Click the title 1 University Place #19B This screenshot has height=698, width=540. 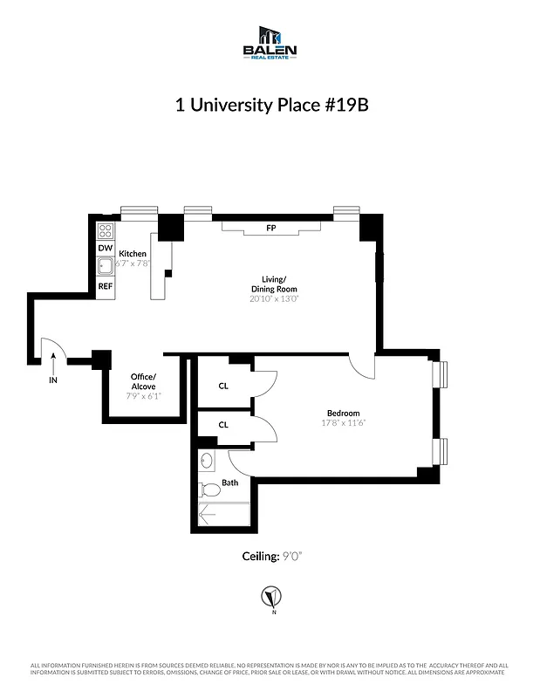(270, 106)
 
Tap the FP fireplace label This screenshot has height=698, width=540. (270, 229)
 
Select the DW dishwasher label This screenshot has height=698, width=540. (105, 249)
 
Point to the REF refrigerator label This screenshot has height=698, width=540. (105, 285)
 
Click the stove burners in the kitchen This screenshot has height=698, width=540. (105, 230)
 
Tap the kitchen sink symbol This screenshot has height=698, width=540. (106, 267)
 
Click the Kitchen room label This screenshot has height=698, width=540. (133, 254)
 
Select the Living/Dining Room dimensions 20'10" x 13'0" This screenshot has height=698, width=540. (273, 298)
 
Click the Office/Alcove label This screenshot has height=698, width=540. (143, 381)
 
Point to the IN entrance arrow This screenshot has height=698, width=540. (53, 362)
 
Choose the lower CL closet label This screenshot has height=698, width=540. (223, 425)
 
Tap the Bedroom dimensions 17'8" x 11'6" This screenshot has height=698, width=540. (343, 424)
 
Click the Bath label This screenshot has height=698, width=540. (229, 482)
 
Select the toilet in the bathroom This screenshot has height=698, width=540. (208, 489)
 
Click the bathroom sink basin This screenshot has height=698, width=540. (208, 460)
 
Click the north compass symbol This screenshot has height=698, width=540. (272, 598)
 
